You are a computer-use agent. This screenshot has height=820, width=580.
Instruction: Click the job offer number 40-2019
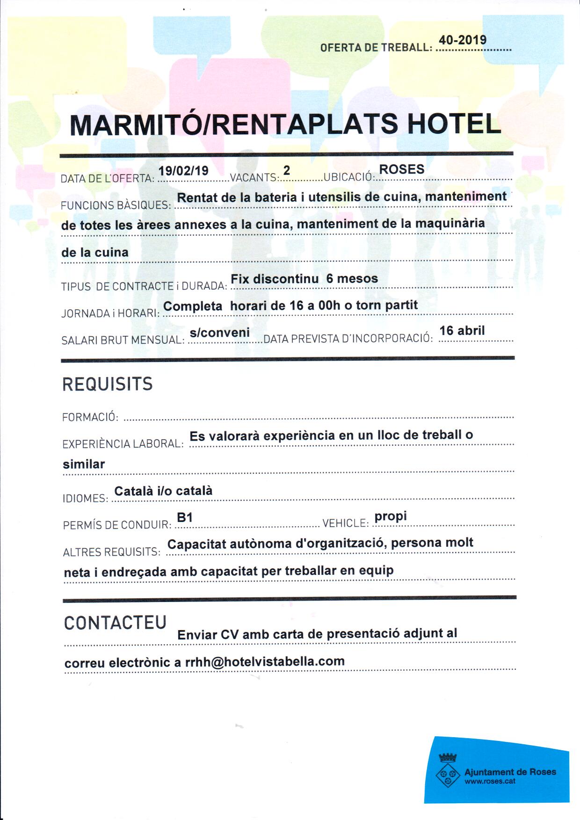[x=462, y=40]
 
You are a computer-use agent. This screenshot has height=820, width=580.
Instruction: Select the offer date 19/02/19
[x=183, y=171]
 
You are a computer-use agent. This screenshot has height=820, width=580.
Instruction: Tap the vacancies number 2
[x=287, y=170]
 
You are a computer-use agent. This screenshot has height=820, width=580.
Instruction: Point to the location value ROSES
[x=401, y=169]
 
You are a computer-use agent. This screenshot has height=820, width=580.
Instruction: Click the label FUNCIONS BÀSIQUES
[x=116, y=205]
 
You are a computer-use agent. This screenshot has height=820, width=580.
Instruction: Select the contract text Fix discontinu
[x=275, y=279]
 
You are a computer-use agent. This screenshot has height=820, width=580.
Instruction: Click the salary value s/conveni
[x=219, y=333]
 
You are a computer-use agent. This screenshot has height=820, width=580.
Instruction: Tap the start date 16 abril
[x=462, y=331]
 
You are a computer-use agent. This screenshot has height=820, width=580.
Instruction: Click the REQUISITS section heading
[x=108, y=384]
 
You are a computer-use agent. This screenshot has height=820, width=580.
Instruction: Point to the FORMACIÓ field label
[x=90, y=417]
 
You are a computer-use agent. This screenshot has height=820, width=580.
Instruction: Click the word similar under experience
[x=84, y=464]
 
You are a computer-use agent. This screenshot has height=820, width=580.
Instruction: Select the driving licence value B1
[x=185, y=517]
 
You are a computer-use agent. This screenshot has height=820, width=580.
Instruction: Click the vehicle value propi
[x=391, y=516]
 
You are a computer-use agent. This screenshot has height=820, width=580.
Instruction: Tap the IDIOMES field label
[x=85, y=499]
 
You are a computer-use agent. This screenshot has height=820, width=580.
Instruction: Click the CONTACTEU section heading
[x=115, y=623]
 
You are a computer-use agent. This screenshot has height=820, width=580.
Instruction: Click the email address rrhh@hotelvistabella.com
[x=265, y=661]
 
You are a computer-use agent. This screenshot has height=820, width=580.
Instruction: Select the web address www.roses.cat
[x=490, y=781]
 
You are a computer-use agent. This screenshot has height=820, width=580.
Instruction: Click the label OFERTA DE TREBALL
[x=376, y=48]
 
